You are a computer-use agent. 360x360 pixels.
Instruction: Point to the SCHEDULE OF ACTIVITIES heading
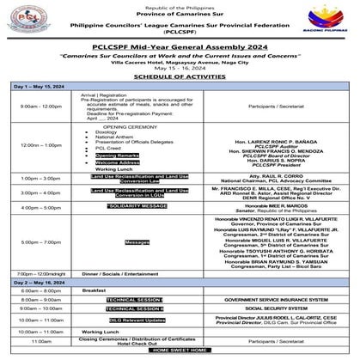[180, 101]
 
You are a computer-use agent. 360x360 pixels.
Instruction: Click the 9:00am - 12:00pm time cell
[40, 131]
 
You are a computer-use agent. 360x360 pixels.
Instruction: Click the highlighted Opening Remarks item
[117, 155]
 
